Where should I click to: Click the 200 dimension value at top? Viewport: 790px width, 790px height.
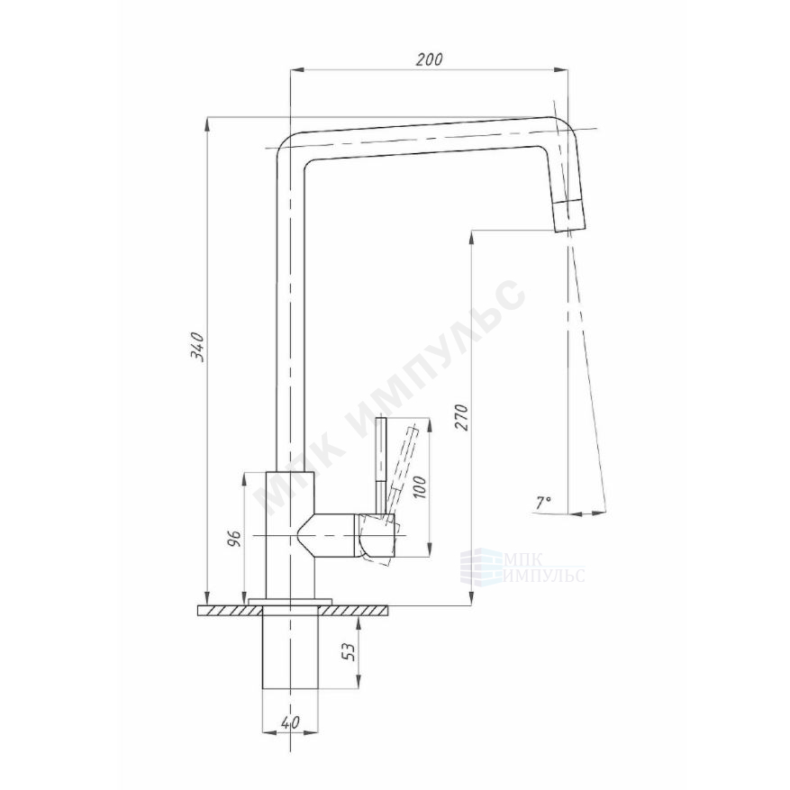[430, 59]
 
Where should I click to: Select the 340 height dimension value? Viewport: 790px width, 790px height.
[196, 347]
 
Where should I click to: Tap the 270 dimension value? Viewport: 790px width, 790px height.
[462, 417]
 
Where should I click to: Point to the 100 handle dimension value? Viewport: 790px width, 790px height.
[420, 486]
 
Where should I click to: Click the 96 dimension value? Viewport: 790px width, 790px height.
[234, 538]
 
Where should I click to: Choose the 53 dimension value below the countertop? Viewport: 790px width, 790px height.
[349, 652]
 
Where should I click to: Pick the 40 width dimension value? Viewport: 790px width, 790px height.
[290, 722]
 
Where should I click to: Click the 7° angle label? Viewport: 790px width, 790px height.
[543, 502]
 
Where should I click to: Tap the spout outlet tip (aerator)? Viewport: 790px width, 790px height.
[570, 215]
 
